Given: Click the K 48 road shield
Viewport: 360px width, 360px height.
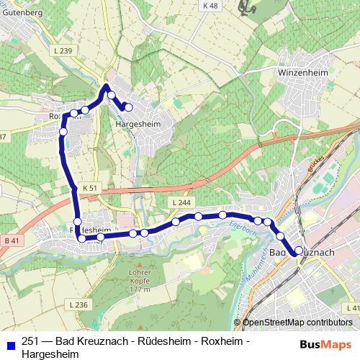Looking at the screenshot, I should pyautogui.click(x=210, y=6).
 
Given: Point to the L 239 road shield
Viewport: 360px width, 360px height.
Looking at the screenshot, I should pyautogui.click(x=63, y=50).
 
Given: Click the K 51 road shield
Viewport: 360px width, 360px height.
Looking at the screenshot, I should pyautogui.click(x=89, y=186).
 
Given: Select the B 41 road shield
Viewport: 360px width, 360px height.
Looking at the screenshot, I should pyautogui.click(x=10, y=240).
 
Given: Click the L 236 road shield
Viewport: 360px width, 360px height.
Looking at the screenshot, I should pyautogui.click(x=80, y=305).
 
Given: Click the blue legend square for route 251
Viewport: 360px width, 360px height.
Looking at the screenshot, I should pyautogui.click(x=9, y=344).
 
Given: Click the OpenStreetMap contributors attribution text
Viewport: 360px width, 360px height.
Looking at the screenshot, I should pyautogui.click(x=297, y=323).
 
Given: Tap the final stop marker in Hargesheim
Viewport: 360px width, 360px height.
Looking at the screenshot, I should pyautogui.click(x=129, y=107).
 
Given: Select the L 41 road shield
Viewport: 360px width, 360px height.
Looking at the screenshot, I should pyautogui.click(x=352, y=308).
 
